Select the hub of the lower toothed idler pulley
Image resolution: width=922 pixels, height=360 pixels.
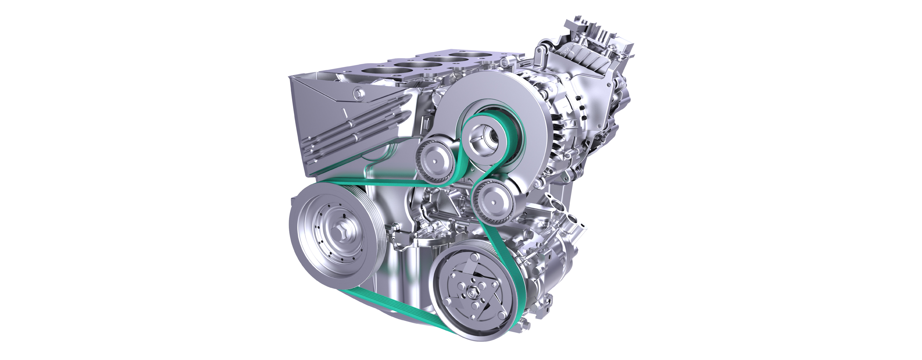point(494,202)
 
